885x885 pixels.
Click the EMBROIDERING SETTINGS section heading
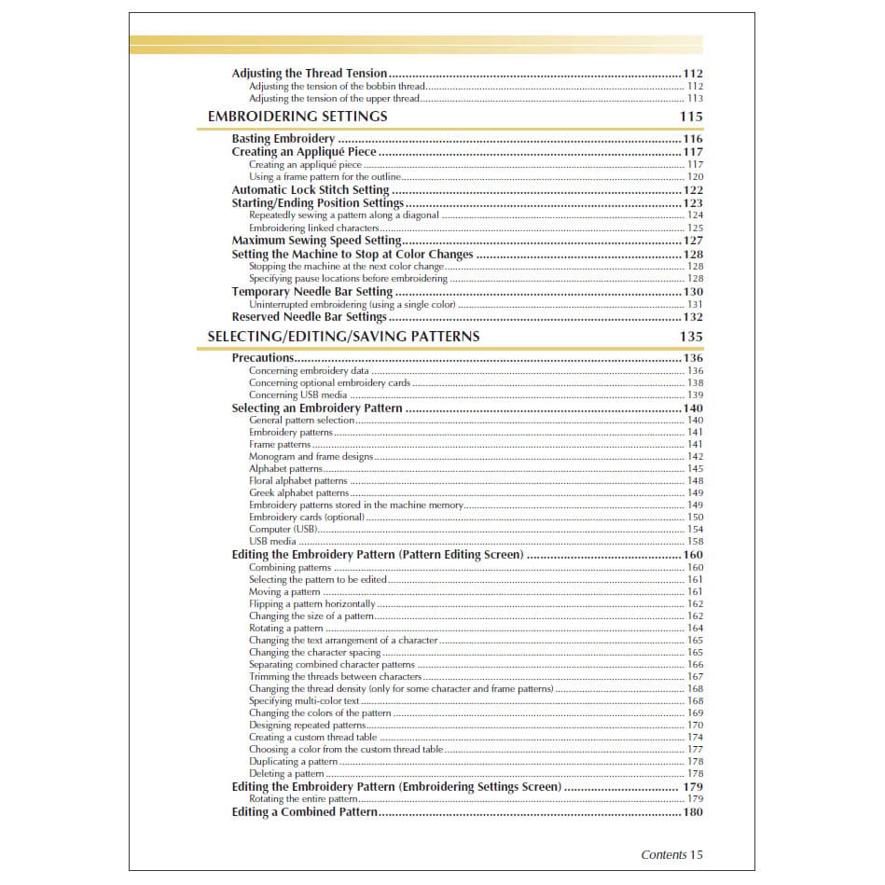point(297,117)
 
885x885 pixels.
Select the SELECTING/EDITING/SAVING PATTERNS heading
point(343,337)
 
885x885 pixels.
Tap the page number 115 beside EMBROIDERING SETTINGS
point(691,117)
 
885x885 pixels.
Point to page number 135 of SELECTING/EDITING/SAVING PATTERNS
point(691,337)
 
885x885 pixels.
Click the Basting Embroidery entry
point(283,139)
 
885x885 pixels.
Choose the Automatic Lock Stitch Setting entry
point(311,190)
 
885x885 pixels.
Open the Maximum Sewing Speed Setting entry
point(316,241)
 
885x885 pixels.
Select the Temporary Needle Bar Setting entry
point(311,292)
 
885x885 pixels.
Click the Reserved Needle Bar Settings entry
point(309,317)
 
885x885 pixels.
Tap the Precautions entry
point(262,358)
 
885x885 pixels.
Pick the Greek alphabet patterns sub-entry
point(298,493)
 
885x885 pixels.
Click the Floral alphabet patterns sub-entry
point(297,481)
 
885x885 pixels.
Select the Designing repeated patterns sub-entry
point(307,726)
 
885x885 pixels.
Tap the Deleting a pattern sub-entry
point(286,774)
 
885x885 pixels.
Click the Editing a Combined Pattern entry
point(304,812)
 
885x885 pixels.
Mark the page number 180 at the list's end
point(693,812)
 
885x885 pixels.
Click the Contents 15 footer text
point(671,854)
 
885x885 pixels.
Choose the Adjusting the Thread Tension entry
point(309,74)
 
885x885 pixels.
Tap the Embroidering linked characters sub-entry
point(313,228)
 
